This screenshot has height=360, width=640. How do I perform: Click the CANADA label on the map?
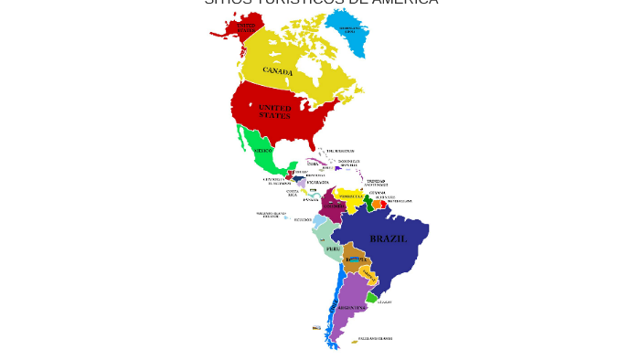pyautogui.click(x=278, y=70)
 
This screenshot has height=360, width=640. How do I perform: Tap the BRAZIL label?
pyautogui.click(x=388, y=238)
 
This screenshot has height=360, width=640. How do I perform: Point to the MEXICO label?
pyautogui.click(x=262, y=150)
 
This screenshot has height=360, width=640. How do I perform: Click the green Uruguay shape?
pyautogui.click(x=371, y=297)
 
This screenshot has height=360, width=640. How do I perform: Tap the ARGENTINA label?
pyautogui.click(x=351, y=308)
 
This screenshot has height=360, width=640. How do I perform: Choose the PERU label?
pyautogui.click(x=334, y=249)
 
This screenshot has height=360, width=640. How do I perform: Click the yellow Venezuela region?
pyautogui.click(x=351, y=197)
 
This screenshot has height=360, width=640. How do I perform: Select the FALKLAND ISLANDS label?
pyautogui.click(x=376, y=339)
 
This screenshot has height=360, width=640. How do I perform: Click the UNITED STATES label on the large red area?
pyautogui.click(x=274, y=112)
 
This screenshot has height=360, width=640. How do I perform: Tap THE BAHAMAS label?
pyautogui.click(x=340, y=151)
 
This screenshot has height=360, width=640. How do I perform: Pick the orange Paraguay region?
pyautogui.click(x=367, y=273)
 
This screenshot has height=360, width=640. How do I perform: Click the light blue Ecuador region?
pyautogui.click(x=319, y=220)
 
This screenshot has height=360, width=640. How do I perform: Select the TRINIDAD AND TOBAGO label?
pyautogui.click(x=376, y=183)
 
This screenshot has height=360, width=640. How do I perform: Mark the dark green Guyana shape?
pyautogui.click(x=369, y=203)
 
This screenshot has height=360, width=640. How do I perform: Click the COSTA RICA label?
pyautogui.click(x=293, y=193)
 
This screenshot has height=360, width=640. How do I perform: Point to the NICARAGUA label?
pyautogui.click(x=317, y=182)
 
